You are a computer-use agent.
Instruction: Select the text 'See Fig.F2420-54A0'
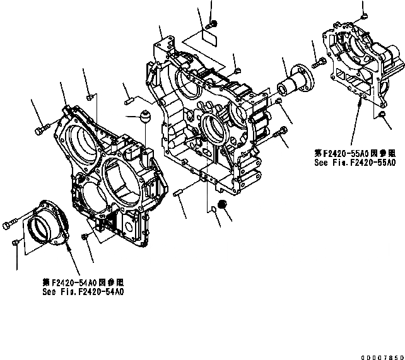click(83, 292)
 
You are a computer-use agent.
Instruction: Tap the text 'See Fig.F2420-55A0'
click(355, 162)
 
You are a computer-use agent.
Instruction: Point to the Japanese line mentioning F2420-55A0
click(355, 153)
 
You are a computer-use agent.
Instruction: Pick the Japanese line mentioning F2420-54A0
click(83, 283)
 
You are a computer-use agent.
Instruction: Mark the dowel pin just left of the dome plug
click(129, 98)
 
